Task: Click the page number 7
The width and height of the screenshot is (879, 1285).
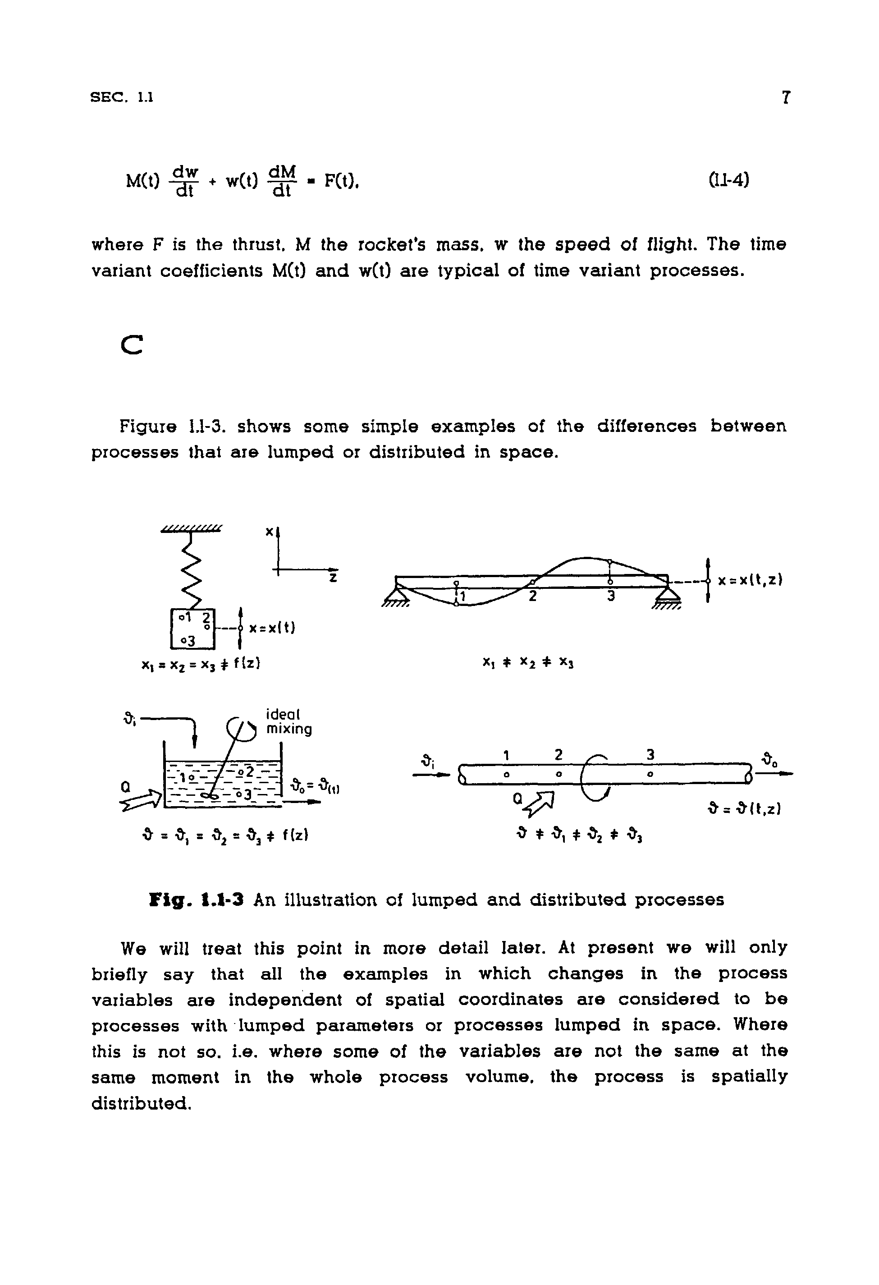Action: click(786, 98)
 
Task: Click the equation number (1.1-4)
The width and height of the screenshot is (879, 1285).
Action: click(728, 180)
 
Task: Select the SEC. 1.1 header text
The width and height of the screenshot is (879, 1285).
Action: click(122, 98)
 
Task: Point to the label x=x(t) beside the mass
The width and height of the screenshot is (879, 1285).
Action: click(272, 628)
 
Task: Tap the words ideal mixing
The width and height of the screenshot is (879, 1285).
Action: click(288, 721)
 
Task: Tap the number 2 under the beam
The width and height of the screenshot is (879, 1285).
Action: click(532, 597)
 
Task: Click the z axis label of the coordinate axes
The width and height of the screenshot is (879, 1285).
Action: click(333, 578)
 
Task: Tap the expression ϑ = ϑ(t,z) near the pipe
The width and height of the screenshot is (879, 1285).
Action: click(744, 809)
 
